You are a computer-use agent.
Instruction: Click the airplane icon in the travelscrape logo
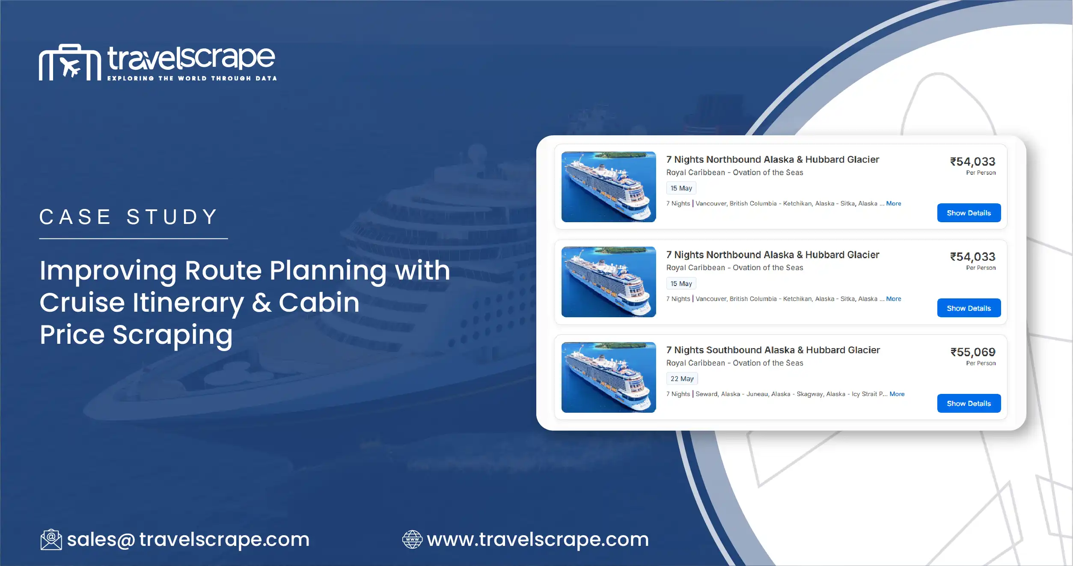(x=70, y=67)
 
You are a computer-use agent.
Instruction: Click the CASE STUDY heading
(x=129, y=217)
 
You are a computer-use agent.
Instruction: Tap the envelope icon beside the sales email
(x=51, y=539)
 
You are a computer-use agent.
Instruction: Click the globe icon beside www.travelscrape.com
(x=412, y=539)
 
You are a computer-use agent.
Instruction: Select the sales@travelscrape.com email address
(x=188, y=539)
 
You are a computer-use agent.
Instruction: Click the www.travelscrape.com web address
(x=538, y=539)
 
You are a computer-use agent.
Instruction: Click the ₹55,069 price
(x=972, y=352)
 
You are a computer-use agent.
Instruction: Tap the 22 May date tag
(x=682, y=379)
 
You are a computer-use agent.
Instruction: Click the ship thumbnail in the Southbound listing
(x=608, y=377)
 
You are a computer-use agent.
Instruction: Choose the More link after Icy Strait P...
(x=897, y=394)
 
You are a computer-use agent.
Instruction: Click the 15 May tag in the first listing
(x=681, y=188)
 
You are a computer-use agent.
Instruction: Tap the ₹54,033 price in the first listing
(x=972, y=162)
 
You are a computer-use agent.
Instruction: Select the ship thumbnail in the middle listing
(x=608, y=282)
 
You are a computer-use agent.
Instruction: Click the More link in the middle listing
(x=893, y=299)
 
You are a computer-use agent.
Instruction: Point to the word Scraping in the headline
(x=172, y=335)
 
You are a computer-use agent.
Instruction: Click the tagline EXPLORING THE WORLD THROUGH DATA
(x=192, y=78)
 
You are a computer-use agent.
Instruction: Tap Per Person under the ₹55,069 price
(x=981, y=363)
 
